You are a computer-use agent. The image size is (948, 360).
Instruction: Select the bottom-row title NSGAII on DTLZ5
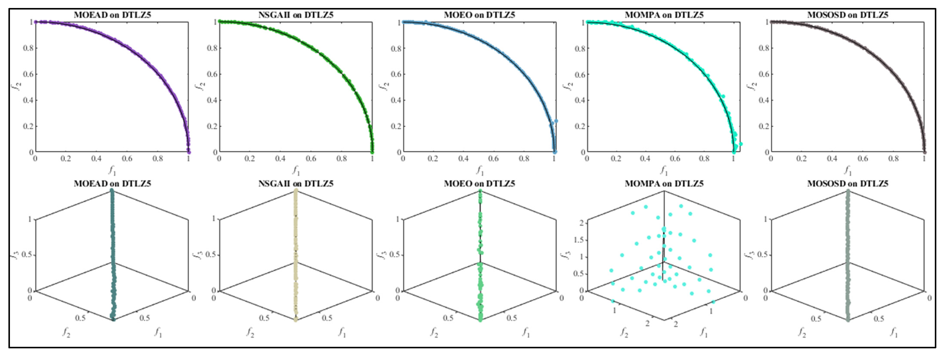(x=296, y=183)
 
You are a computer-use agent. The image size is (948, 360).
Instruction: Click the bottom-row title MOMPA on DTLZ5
(x=664, y=183)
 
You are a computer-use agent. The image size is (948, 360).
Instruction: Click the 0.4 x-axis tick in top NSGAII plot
(x=280, y=159)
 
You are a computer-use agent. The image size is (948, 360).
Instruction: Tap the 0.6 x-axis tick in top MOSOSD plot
(x=863, y=159)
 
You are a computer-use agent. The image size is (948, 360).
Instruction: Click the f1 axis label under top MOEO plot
(x=480, y=170)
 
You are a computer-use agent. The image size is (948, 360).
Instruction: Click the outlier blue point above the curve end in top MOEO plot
(x=556, y=121)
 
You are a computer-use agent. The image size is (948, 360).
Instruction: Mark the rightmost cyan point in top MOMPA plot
(x=741, y=144)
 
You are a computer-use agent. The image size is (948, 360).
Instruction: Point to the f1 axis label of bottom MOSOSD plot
(x=894, y=332)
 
